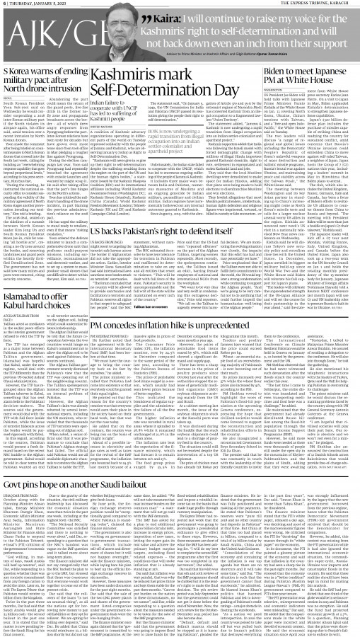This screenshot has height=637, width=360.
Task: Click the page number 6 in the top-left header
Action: (4, 4)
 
